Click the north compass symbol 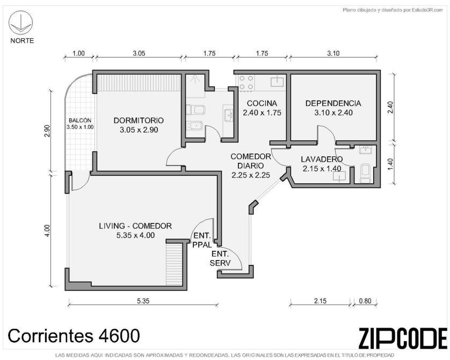click(x=20, y=23)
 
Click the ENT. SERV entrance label click(x=220, y=258)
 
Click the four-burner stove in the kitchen click(x=246, y=82)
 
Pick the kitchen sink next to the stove click(x=277, y=81)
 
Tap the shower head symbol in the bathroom click(x=195, y=79)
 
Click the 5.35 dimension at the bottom click(x=143, y=301)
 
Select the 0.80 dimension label click(x=365, y=301)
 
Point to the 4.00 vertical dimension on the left click(x=48, y=231)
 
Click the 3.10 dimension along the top click(x=333, y=53)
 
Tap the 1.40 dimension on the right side click(x=390, y=164)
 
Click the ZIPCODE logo click(x=403, y=338)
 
